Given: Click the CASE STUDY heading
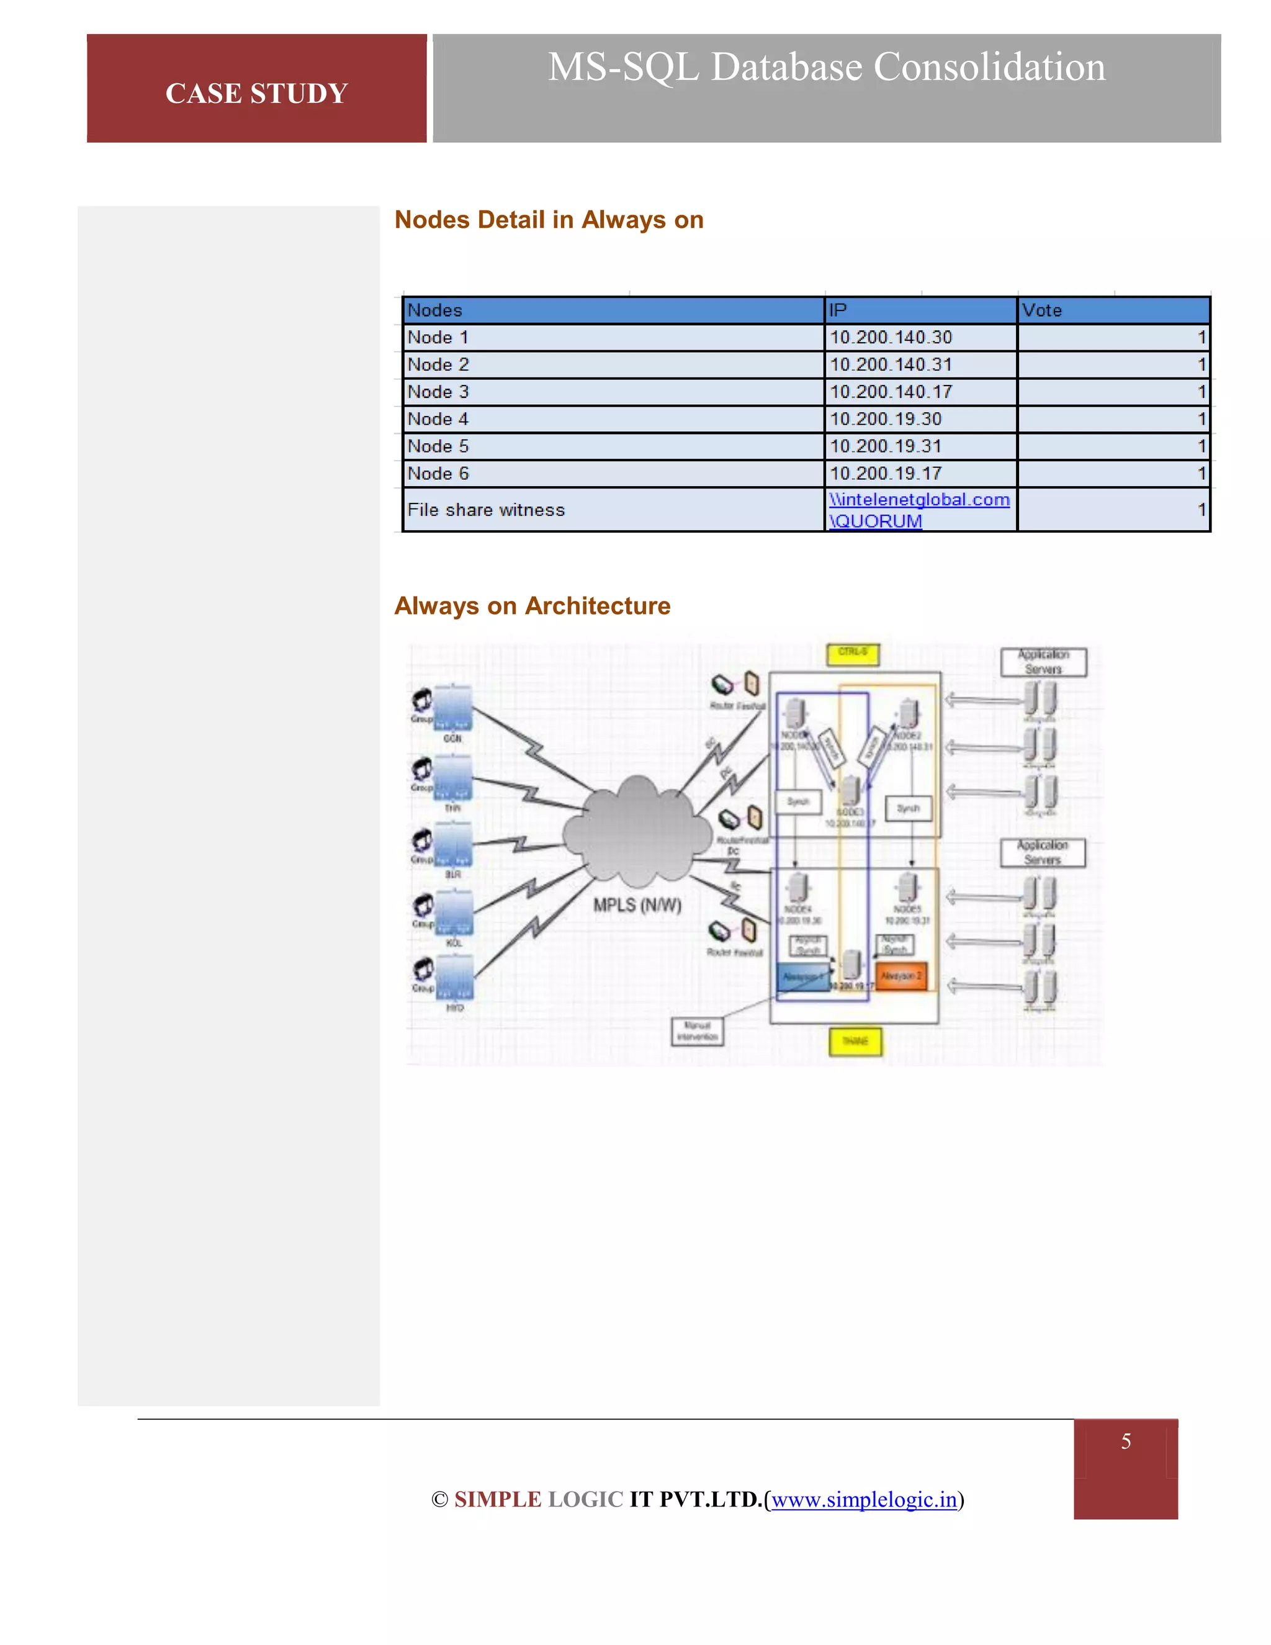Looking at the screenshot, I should [x=256, y=93].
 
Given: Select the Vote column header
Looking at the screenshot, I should [x=1041, y=310].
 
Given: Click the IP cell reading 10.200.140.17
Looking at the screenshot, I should [x=890, y=392].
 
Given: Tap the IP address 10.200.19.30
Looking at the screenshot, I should [x=885, y=419].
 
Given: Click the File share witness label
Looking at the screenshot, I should [x=486, y=510].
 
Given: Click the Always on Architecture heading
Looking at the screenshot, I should [x=532, y=606].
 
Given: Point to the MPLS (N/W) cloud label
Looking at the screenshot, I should [x=637, y=904].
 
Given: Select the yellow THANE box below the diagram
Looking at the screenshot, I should [x=855, y=1041].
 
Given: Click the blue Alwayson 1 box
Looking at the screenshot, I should [x=802, y=977].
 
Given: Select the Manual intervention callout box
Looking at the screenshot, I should [x=697, y=1031].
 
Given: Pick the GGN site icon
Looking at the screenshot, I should [x=452, y=708].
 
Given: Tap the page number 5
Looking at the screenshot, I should [x=1125, y=1441].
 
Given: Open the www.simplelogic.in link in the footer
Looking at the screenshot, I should [x=864, y=1499].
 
